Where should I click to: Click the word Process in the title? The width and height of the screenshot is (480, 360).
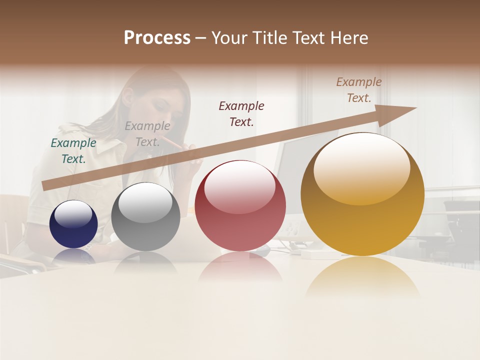click(x=157, y=38)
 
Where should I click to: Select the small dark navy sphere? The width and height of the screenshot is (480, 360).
click(x=73, y=224)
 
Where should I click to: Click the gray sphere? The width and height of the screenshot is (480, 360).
click(x=145, y=217)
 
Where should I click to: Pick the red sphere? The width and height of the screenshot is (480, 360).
click(x=240, y=206)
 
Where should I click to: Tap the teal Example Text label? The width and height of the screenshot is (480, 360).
click(x=73, y=151)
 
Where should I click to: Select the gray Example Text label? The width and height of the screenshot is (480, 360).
click(x=147, y=134)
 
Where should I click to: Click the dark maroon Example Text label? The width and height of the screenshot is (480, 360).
click(x=241, y=113)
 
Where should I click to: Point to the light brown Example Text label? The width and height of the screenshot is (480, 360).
click(x=359, y=90)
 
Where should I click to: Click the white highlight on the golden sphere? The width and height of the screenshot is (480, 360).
click(x=361, y=168)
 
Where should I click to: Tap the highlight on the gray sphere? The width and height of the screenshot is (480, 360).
click(x=145, y=202)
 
